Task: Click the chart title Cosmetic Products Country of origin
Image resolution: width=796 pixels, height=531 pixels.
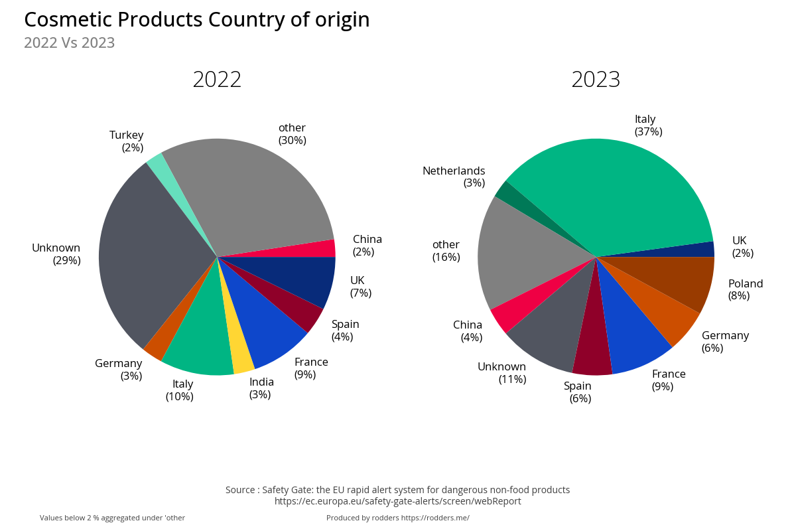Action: point(196,20)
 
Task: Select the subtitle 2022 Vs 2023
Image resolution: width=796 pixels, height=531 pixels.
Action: point(69,43)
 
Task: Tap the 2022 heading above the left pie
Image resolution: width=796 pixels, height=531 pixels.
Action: point(217,80)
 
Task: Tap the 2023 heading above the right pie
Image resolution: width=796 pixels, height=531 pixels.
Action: point(596,80)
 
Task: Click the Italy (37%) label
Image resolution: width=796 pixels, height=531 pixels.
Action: point(648,125)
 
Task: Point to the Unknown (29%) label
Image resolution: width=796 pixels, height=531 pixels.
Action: point(56,254)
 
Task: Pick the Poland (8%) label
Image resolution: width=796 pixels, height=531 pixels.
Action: point(745,289)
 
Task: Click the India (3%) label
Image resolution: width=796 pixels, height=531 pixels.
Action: point(261,388)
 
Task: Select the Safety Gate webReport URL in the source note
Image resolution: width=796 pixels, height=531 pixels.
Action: point(397,501)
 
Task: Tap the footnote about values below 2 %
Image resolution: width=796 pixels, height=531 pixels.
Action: point(112,518)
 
